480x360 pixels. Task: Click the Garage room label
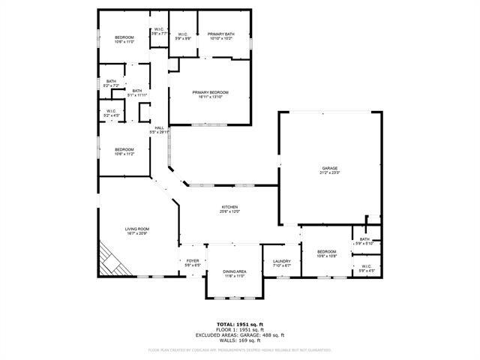coord(331,170)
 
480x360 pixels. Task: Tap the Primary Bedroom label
coord(210,94)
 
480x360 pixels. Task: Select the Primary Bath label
coord(222,36)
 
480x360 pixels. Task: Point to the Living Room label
coord(137,232)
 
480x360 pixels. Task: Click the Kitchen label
coord(229,209)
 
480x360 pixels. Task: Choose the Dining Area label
coord(235,274)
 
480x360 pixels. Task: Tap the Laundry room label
coord(281,262)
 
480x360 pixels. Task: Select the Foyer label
coord(193,262)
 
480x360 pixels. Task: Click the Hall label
coord(159,130)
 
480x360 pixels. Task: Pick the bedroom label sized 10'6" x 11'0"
coord(124,40)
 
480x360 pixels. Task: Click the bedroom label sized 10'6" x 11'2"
coord(124,151)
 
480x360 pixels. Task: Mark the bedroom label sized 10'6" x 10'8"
coord(326,253)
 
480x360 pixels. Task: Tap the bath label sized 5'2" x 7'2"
coord(111,83)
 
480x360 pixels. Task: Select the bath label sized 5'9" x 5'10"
coord(364,241)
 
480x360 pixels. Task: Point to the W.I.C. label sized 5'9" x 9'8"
coord(182,36)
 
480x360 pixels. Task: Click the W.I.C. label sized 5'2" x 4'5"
coord(111,114)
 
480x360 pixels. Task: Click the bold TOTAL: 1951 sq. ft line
coord(240,324)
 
